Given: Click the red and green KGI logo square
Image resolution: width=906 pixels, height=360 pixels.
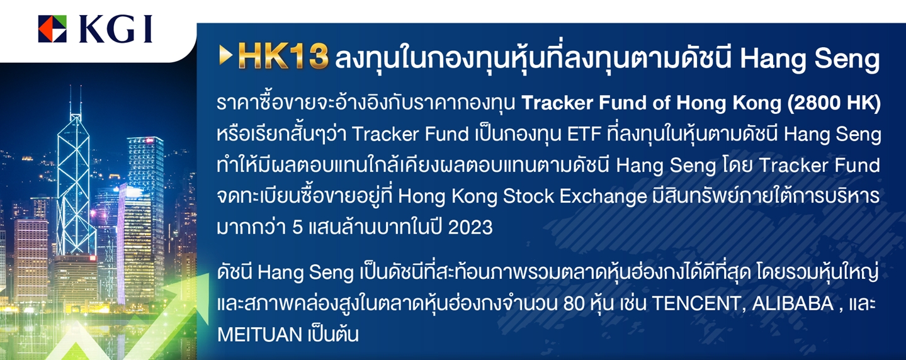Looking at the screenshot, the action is pyautogui.click(x=53, y=29).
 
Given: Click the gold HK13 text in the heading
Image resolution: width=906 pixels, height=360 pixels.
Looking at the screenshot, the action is pyautogui.click(x=283, y=57).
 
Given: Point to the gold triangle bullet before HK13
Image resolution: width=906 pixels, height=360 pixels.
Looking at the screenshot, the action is pyautogui.click(x=225, y=55).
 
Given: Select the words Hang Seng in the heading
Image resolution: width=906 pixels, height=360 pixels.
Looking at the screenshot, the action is pyautogui.click(x=810, y=59).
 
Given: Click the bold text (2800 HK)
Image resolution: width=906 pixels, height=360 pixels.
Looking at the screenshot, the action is pyautogui.click(x=834, y=103).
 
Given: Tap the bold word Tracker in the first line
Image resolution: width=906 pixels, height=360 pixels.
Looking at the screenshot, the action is pyautogui.click(x=557, y=103).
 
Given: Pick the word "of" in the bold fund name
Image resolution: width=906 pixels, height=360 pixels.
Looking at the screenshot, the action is pyautogui.click(x=661, y=103).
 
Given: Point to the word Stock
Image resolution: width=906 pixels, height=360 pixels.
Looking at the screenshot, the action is pyautogui.click(x=529, y=196).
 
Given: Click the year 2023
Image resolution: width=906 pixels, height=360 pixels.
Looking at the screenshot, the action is pyautogui.click(x=470, y=228).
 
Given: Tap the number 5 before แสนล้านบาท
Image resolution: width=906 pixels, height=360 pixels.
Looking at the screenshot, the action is pyautogui.click(x=297, y=228).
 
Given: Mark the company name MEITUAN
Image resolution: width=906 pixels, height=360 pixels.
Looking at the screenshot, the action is pyautogui.click(x=259, y=335).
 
